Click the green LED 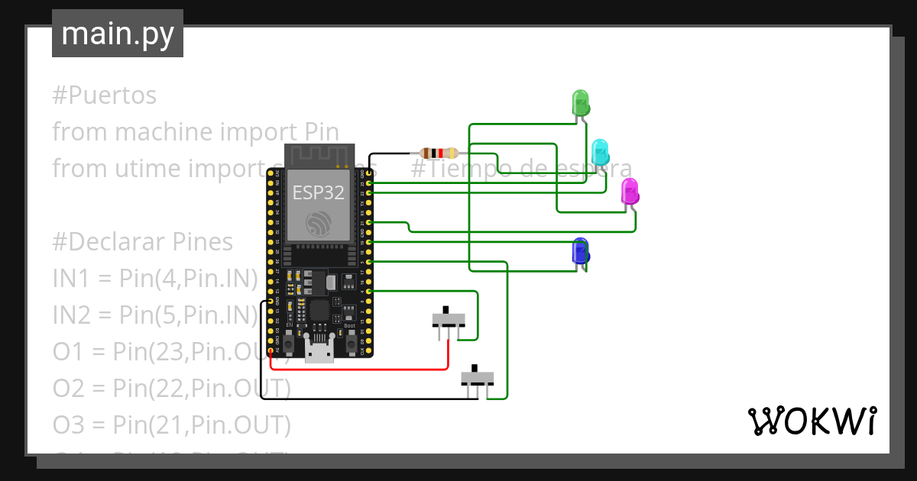[581, 103]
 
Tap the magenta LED [630, 191]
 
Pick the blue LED [581, 250]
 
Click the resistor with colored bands [439, 153]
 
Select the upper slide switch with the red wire [448, 318]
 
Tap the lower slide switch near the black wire [478, 377]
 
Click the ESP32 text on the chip [318, 192]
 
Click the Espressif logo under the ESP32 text [319, 224]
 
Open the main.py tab [118, 34]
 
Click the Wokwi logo [811, 421]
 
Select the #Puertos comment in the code [105, 95]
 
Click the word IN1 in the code [70, 279]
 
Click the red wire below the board [359, 370]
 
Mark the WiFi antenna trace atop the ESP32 [319, 157]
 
